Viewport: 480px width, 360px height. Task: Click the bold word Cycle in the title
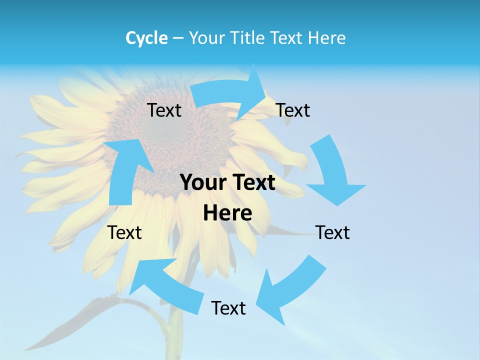point(146,38)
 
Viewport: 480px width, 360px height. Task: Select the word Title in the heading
point(248,38)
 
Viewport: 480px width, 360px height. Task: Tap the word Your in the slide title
point(206,38)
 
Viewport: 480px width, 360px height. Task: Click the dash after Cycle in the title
point(178,38)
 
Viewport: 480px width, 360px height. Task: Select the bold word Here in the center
point(227,213)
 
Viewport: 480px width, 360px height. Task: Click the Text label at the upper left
point(164,110)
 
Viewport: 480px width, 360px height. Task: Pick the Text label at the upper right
point(293,110)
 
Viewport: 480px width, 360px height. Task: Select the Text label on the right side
point(332,232)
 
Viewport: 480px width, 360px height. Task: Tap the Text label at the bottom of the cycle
point(228,308)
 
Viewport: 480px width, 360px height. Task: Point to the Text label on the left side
point(125,232)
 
